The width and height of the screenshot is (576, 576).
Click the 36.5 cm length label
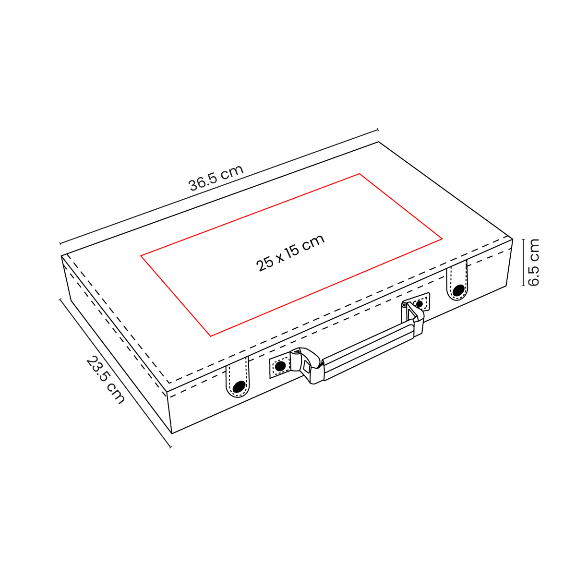click(x=216, y=178)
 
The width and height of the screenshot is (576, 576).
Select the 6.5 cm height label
click(x=533, y=262)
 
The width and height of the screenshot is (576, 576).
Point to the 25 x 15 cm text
click(x=291, y=253)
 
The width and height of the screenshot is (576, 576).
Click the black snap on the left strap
click(x=239, y=386)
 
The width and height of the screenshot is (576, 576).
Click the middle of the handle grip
click(x=369, y=349)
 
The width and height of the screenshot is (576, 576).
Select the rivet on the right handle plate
click(x=420, y=304)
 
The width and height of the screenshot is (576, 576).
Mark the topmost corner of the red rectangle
click(x=360, y=174)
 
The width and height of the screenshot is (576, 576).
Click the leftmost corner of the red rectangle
click(x=141, y=256)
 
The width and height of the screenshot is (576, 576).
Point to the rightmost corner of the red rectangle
click(x=442, y=239)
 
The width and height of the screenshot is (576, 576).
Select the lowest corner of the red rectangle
click(x=211, y=336)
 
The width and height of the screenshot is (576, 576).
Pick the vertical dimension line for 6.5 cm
click(x=524, y=262)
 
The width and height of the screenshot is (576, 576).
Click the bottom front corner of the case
click(x=172, y=433)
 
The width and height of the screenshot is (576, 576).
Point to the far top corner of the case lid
click(x=379, y=142)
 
